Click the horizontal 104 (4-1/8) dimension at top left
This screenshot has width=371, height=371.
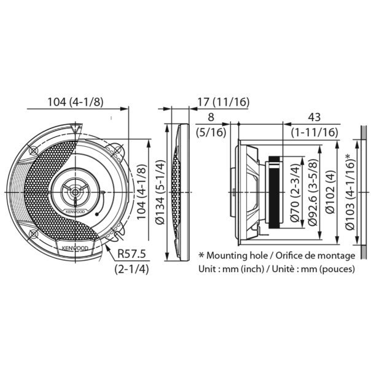point(77,103)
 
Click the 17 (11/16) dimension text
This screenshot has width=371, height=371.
point(215,102)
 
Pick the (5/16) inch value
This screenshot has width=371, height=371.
point(213,131)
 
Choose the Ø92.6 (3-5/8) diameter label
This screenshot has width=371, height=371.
point(313,193)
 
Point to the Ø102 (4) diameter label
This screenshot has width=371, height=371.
point(331,193)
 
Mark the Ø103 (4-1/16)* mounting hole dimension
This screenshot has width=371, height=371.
point(350,193)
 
